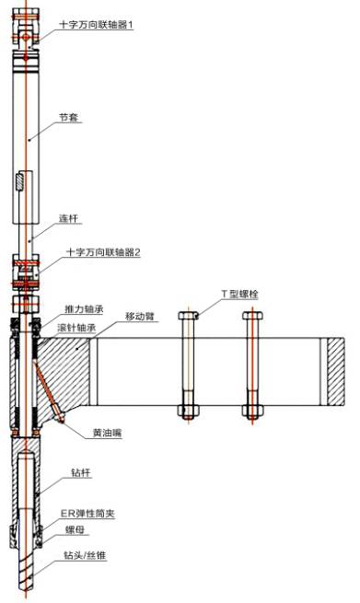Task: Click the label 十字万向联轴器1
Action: tap(97, 25)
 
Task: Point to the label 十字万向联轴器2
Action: tap(103, 251)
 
